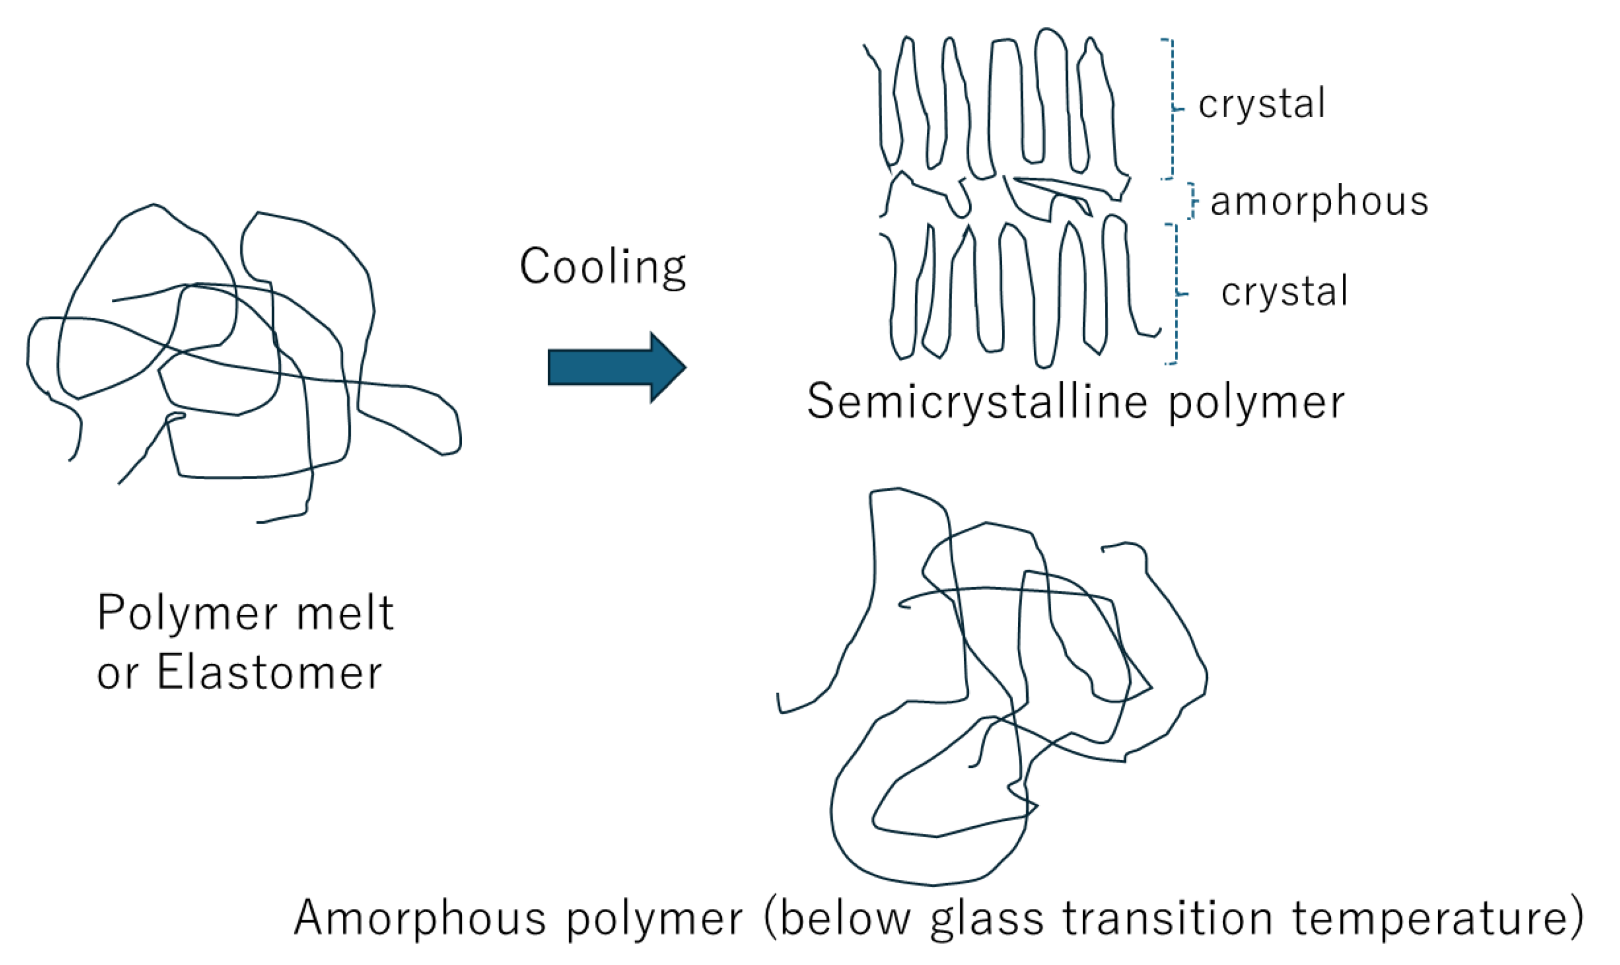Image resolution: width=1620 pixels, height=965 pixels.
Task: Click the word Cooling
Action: coord(602,267)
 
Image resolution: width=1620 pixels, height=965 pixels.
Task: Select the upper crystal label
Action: coord(1262,104)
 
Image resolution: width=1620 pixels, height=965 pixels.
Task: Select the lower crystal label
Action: coord(1285,292)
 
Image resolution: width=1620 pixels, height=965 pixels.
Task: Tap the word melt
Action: coord(345,613)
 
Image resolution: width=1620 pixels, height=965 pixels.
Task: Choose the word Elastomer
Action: coord(270,673)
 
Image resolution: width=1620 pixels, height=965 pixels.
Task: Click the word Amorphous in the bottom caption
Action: coord(420,918)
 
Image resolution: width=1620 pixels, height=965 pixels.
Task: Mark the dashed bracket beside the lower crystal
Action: coord(1176,294)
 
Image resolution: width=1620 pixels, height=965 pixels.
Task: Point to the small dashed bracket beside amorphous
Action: coord(1192,201)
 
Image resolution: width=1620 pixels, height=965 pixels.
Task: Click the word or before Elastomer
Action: coord(117,674)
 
